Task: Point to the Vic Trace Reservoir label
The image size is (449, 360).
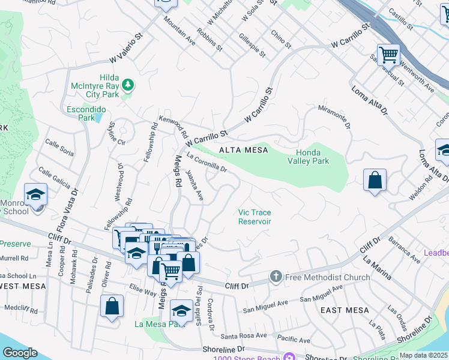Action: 255,217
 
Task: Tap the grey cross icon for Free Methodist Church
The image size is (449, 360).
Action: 276,277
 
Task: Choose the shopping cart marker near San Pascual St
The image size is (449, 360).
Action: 388,55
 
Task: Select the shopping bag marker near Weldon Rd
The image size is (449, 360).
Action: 375,180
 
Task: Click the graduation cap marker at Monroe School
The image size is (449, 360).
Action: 36,195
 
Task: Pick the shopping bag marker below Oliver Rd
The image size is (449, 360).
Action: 112,306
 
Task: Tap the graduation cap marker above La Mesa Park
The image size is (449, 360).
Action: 181,311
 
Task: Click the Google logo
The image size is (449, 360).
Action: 20,353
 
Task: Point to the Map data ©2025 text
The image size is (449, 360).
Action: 423,355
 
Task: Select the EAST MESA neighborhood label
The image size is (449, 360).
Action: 345,310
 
